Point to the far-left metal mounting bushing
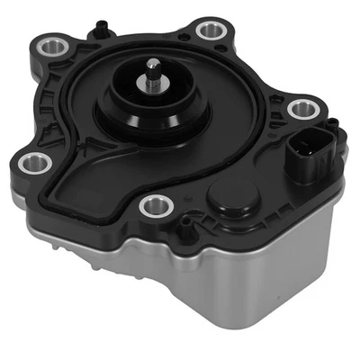[36, 163]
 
